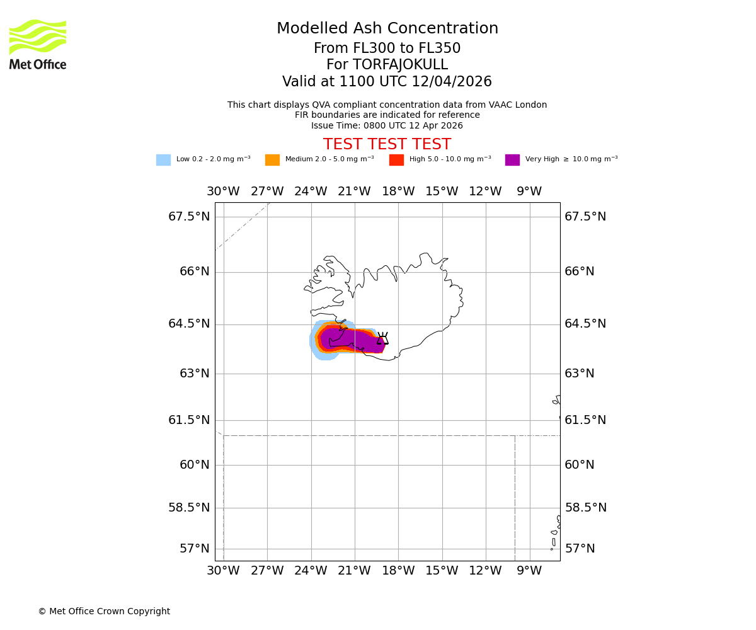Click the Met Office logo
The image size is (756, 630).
(x=38, y=44)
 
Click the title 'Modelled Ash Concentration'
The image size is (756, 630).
(x=387, y=29)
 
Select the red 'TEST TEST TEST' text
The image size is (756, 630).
(x=387, y=145)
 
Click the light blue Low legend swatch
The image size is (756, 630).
(x=163, y=160)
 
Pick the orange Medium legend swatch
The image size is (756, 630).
(x=272, y=160)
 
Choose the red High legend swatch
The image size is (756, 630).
(x=396, y=160)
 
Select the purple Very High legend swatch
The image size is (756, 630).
(x=512, y=160)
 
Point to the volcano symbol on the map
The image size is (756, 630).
(x=382, y=339)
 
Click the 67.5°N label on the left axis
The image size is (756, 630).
(x=189, y=217)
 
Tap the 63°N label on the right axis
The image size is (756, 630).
(x=580, y=374)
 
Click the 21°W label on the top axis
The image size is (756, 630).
(x=354, y=192)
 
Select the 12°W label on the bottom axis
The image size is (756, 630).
(x=485, y=571)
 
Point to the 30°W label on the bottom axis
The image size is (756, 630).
(x=223, y=571)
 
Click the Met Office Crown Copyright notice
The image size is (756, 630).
(x=104, y=612)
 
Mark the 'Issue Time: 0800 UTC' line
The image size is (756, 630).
(x=387, y=126)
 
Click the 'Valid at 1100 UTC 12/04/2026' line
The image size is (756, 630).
(x=387, y=82)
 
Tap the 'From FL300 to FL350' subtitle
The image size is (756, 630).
(x=387, y=49)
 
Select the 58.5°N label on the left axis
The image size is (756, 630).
(x=189, y=508)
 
